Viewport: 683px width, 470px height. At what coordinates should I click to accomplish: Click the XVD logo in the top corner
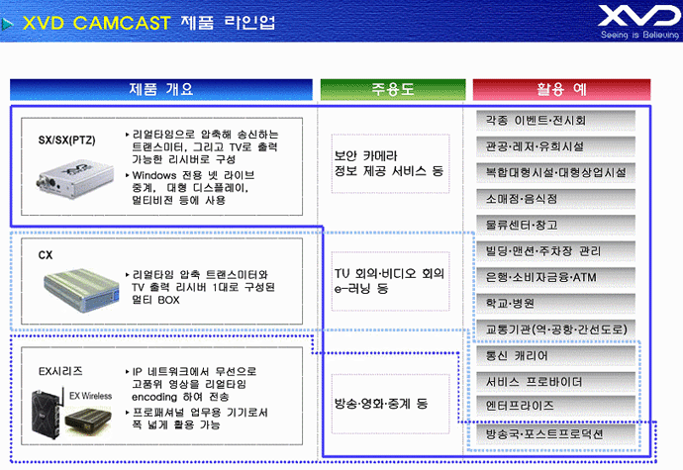tap(639, 22)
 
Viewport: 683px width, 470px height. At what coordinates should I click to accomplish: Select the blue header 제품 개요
tap(161, 89)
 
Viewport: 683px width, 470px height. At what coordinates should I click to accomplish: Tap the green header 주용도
tap(393, 89)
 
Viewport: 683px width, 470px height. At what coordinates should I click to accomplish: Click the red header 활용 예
tap(561, 89)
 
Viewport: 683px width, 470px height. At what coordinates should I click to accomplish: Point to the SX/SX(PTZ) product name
tap(66, 141)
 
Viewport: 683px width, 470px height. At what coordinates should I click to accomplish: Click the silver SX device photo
tap(75, 179)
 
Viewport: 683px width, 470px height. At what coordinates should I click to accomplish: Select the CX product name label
tap(46, 255)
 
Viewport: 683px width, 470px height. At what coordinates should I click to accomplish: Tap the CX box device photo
tap(82, 289)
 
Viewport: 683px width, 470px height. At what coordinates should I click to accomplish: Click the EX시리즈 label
tap(60, 371)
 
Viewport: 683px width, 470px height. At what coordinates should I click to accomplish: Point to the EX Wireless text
tap(91, 396)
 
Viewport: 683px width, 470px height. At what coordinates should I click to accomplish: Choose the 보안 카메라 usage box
tap(390, 163)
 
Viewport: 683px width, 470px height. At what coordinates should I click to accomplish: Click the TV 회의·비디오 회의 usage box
tap(390, 281)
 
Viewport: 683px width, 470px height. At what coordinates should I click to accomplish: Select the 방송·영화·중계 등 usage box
tap(390, 404)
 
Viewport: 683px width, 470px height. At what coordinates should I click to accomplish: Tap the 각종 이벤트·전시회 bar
tap(555, 121)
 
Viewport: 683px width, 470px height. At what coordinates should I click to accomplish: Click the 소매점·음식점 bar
tap(555, 199)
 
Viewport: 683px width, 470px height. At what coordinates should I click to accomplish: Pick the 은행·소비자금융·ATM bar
tap(555, 277)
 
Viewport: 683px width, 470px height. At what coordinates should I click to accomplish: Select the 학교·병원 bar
tap(555, 303)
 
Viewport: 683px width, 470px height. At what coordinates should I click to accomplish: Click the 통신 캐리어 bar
tap(555, 355)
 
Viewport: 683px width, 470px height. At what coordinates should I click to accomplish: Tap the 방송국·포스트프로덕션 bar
tap(555, 433)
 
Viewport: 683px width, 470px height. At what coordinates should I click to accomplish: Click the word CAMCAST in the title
tap(122, 23)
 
